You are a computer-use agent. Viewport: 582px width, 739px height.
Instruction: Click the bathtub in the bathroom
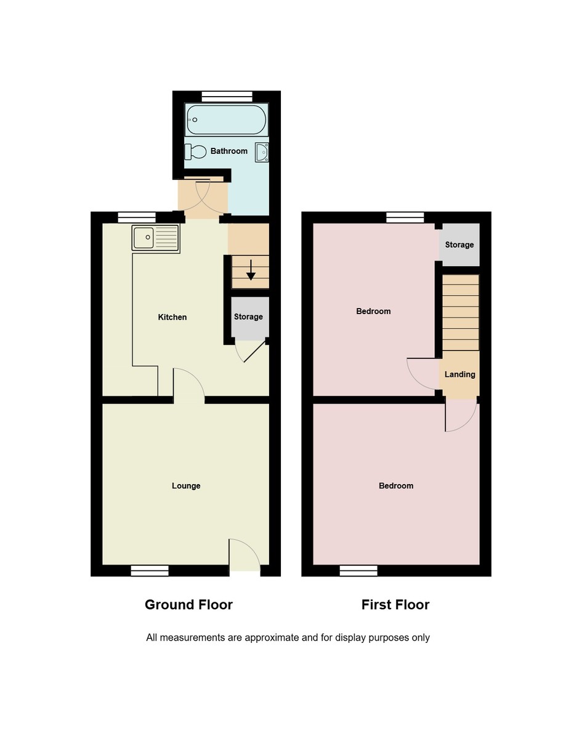coord(227,120)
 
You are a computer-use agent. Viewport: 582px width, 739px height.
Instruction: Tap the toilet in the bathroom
coord(195,151)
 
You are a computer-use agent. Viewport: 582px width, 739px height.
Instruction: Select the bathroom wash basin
coord(262,152)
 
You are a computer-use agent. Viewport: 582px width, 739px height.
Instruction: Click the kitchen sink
coord(155,238)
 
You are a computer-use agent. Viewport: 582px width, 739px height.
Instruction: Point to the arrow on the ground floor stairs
coord(251,270)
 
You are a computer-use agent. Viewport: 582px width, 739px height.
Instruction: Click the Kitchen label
coord(172,317)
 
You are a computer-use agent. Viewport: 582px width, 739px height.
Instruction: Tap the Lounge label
coord(186,485)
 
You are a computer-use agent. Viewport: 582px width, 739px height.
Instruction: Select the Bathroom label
coord(229,151)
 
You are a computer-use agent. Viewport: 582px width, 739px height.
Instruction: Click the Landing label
coord(459,374)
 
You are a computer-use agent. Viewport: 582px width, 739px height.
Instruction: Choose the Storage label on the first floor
coord(459,244)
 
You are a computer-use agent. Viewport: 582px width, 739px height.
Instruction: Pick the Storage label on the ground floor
coord(248,317)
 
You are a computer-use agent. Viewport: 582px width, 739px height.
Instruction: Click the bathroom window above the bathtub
coord(227,97)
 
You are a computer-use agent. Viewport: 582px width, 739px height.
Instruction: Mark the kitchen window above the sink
coord(137,218)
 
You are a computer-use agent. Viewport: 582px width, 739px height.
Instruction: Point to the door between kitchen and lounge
coord(188,384)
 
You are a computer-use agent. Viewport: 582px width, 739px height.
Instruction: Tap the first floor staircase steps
coord(461,312)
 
